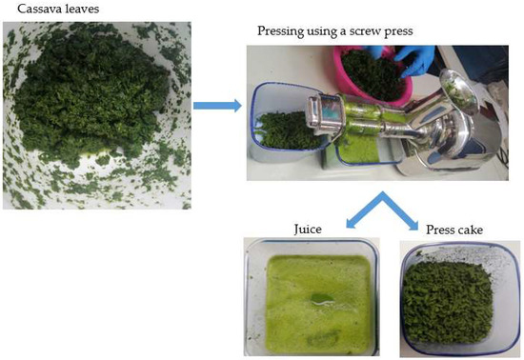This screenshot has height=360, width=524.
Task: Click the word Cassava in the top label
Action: click(x=28, y=10)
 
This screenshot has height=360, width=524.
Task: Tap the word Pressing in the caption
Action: click(x=284, y=31)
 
